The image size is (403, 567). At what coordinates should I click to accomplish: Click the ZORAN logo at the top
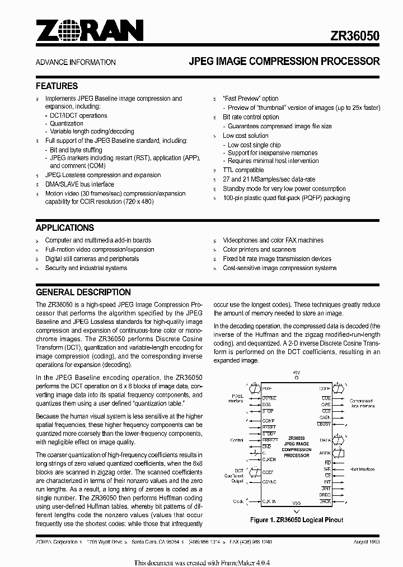(90, 31)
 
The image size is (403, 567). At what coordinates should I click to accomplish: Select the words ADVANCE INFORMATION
(76, 62)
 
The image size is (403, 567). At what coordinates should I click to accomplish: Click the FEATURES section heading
(57, 86)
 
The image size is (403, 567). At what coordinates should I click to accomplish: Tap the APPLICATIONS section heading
(65, 228)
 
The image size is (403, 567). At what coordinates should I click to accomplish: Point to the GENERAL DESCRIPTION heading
(83, 292)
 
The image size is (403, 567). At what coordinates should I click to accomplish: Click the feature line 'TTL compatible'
(243, 170)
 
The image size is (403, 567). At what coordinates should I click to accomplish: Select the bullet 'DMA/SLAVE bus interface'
(79, 184)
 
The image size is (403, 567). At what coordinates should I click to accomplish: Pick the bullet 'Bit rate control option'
(251, 117)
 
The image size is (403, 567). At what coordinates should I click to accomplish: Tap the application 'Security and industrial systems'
(86, 268)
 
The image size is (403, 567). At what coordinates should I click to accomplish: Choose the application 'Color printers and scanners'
(259, 249)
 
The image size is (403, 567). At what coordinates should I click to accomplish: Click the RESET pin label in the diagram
(269, 427)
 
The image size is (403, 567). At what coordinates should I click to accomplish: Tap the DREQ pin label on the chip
(325, 495)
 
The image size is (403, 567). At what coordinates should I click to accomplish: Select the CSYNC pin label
(269, 481)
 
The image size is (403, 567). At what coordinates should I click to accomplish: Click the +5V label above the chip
(297, 372)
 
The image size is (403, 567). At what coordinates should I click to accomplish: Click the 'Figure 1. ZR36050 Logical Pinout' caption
(297, 520)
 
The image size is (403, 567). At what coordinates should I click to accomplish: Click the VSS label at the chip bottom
(297, 503)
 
